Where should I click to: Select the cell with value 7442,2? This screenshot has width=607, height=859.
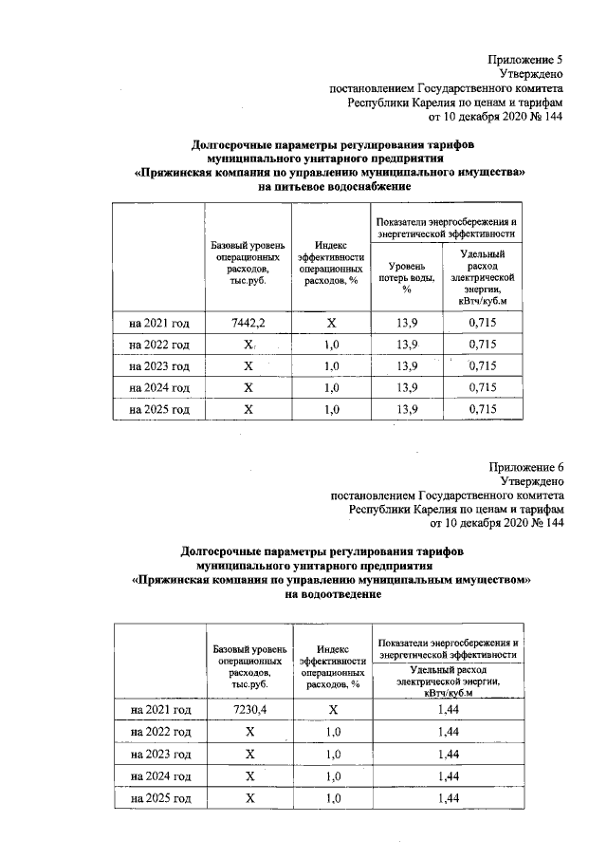pyautogui.click(x=248, y=323)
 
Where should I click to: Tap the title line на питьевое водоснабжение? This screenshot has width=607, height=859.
pyautogui.click(x=327, y=188)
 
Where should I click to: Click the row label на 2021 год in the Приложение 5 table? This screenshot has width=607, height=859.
pyautogui.click(x=158, y=323)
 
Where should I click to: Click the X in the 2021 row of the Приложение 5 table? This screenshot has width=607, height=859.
pyautogui.click(x=331, y=323)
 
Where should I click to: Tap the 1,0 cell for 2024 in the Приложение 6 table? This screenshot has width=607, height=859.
pyautogui.click(x=332, y=777)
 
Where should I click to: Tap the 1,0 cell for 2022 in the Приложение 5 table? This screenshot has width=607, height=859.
pyautogui.click(x=331, y=345)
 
